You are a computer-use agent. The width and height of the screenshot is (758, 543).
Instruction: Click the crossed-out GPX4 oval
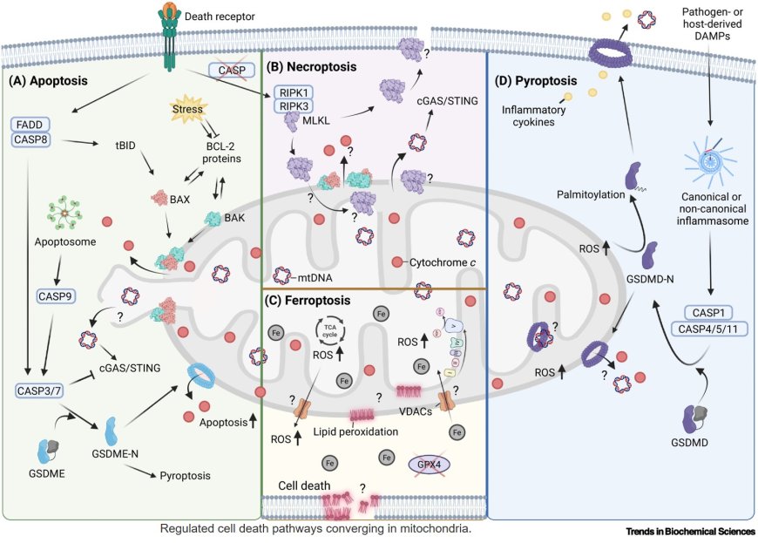pyautogui.click(x=433, y=465)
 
